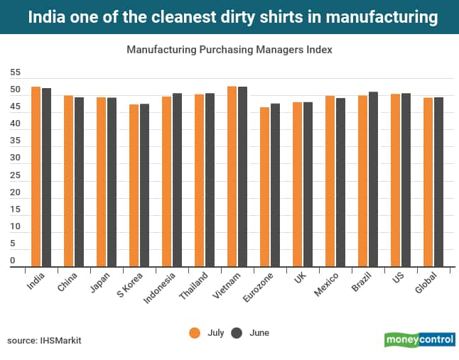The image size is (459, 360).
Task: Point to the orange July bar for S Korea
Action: pos(134,185)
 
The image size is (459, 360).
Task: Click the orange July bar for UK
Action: pos(297,184)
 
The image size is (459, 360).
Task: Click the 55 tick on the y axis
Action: pos(16,73)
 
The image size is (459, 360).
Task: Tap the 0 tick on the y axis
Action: pos(13,261)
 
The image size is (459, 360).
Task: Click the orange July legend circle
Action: pos(193,332)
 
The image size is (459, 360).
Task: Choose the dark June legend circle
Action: pos(237,332)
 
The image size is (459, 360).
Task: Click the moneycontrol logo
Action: pos(419,339)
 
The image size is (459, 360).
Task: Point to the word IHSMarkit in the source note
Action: pos(60,341)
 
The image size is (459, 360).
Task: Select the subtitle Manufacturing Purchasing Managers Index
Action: pos(229,50)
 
